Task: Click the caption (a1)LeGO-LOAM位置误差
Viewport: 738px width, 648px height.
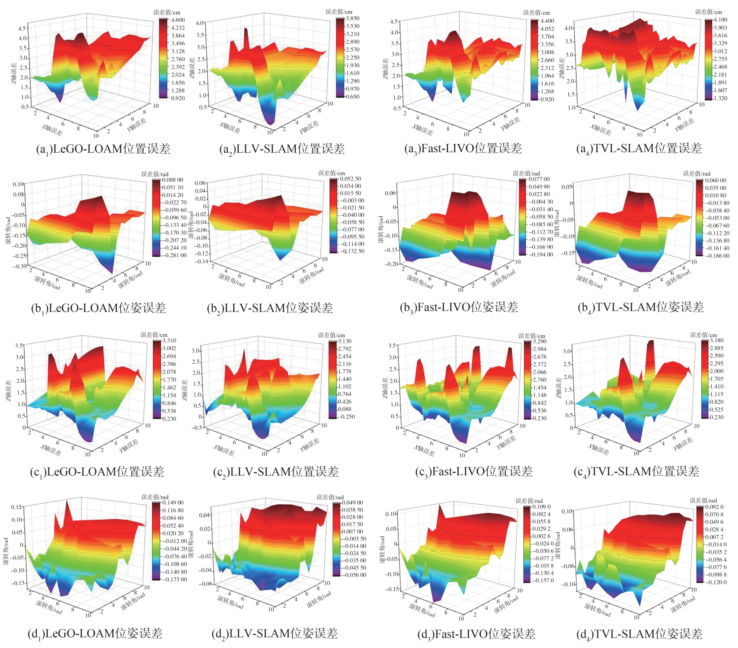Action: [103, 149]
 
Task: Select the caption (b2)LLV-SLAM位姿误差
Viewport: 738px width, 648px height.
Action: [270, 308]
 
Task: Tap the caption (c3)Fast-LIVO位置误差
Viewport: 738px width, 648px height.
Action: [474, 471]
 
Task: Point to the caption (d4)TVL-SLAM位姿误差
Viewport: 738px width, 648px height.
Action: [639, 634]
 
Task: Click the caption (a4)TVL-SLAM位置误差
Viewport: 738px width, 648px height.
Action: [639, 148]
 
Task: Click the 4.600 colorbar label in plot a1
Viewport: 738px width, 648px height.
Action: [178, 20]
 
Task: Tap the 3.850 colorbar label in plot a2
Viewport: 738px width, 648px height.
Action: [353, 18]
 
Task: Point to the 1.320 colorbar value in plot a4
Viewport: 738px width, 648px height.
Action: [720, 98]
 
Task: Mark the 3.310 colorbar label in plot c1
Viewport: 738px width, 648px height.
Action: [169, 340]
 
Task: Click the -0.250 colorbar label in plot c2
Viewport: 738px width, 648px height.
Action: [346, 417]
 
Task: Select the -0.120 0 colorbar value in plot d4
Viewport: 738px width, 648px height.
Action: [716, 582]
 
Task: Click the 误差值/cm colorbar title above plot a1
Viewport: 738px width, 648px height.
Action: [167, 12]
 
